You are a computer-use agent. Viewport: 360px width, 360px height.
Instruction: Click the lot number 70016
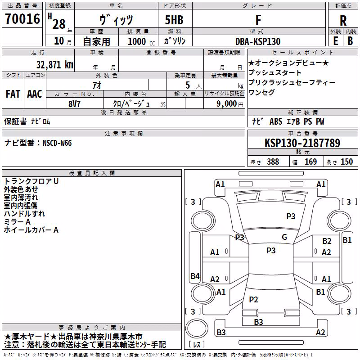click(22, 19)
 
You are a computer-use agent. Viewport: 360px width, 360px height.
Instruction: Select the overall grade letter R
click(343, 21)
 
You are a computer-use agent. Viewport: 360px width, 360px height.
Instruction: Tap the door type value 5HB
click(174, 20)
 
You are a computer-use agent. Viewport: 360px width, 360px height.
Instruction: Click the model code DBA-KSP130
click(258, 41)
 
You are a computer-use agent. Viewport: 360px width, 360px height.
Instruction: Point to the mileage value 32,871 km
click(55, 64)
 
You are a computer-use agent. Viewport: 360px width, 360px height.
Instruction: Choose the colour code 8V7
click(74, 104)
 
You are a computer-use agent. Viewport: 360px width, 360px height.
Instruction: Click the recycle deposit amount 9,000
click(227, 103)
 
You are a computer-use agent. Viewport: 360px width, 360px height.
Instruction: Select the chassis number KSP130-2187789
click(302, 143)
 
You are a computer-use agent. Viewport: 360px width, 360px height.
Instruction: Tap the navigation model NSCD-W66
click(58, 143)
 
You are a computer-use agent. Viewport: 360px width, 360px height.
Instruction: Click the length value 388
click(273, 162)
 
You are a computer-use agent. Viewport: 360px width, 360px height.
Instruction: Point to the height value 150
click(346, 162)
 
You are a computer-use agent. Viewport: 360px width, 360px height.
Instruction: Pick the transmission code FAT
click(13, 94)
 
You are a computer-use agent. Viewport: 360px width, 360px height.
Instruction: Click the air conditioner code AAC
click(35, 94)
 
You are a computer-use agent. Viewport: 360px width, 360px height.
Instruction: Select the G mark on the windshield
click(284, 237)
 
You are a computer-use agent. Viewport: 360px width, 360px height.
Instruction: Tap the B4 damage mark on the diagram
click(195, 276)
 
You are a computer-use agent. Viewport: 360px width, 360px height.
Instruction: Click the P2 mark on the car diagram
click(253, 299)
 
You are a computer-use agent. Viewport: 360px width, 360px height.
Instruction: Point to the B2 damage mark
click(327, 241)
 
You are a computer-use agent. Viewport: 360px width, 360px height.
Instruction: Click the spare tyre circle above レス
click(197, 328)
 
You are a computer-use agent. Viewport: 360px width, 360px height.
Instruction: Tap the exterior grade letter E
click(336, 41)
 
